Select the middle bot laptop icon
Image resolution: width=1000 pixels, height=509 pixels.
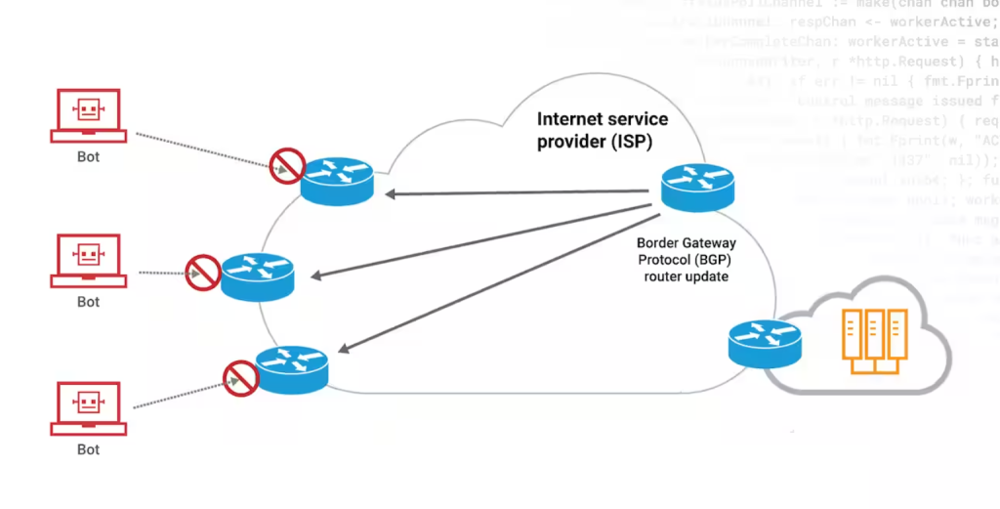pos(89,261)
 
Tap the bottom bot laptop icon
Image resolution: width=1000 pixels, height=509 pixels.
pos(89,408)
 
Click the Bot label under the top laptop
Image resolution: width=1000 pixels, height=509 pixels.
pos(89,156)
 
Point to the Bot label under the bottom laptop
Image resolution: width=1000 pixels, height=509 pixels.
pos(89,449)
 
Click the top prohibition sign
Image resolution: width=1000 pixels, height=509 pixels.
pos(287,166)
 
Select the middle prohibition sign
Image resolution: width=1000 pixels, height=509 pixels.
pos(203,272)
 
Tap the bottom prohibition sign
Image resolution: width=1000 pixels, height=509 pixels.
pos(239,376)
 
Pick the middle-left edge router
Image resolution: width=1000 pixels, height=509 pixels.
pos(257,276)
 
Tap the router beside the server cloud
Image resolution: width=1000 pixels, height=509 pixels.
pos(765,343)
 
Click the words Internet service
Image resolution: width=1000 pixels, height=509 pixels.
pos(603,119)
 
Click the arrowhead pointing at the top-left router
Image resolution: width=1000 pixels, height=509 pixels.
pos(390,194)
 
